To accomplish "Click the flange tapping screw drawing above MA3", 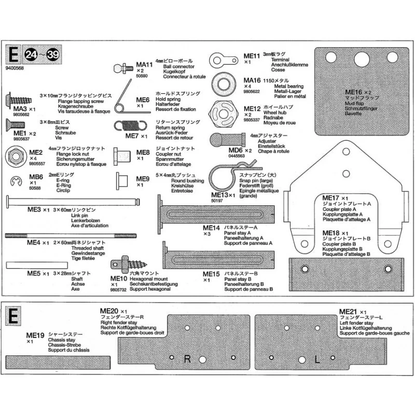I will [x=22, y=99].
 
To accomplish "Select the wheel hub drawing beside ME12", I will [x=224, y=112].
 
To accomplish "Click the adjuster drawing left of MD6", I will [x=224, y=141].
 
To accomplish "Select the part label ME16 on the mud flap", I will [x=355, y=92].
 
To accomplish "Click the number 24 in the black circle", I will [x=31, y=54].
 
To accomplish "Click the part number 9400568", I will [x=16, y=67].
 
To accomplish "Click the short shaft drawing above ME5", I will [x=23, y=265].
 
